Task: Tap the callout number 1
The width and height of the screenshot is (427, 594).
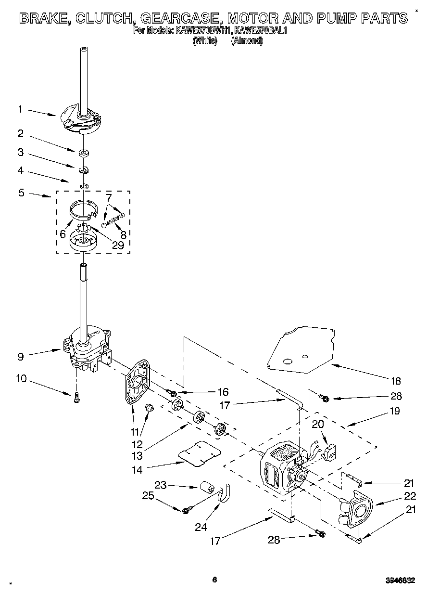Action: click(20, 109)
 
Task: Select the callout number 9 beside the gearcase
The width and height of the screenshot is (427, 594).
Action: click(20, 357)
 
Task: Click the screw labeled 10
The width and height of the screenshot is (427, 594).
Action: click(76, 397)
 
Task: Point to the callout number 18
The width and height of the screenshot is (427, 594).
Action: click(395, 381)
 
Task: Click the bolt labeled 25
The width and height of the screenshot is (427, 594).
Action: click(187, 509)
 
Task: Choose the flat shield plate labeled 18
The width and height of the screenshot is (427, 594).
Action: click(301, 349)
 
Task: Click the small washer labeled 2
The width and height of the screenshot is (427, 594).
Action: click(84, 153)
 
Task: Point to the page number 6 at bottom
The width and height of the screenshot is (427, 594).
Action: click(215, 580)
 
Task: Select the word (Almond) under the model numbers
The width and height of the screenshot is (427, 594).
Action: click(247, 41)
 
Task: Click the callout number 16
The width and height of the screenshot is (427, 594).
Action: click(223, 392)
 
